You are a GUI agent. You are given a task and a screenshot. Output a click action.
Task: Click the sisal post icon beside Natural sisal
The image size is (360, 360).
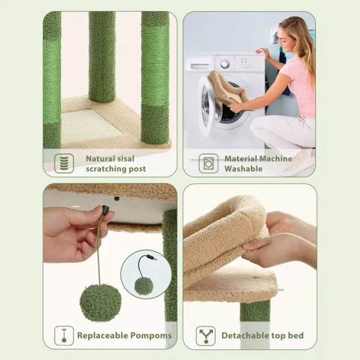coord(64,163)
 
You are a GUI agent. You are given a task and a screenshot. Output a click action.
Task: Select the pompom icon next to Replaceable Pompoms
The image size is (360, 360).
coord(64,336)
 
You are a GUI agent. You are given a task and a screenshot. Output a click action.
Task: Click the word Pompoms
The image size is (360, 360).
coord(153,336)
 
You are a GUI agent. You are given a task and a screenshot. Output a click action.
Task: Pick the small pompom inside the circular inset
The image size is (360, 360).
coord(143,286)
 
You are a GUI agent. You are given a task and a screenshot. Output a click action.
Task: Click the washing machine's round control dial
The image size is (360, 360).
coord(225,64)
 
